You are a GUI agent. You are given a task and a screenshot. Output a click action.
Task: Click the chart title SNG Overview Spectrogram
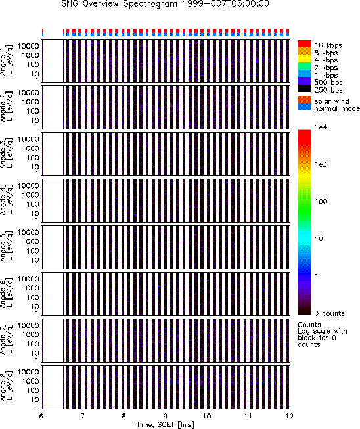point(119,4)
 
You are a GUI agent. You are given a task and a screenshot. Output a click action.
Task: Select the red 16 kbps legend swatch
point(305,44)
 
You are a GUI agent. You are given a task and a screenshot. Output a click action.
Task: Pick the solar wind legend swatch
point(305,100)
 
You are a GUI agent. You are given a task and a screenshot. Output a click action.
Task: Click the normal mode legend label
point(337,108)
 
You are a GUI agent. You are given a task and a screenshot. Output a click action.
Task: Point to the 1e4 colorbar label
point(321,127)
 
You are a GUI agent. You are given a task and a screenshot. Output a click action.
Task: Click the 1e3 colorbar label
point(321,164)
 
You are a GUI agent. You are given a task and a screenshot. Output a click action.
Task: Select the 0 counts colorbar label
point(330,313)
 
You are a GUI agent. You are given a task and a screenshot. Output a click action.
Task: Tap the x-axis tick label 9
point(166,416)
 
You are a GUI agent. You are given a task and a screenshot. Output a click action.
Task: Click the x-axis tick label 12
point(290,416)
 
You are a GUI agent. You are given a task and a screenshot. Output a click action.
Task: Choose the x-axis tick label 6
point(41,416)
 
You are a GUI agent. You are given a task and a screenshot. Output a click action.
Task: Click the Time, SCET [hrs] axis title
point(166,424)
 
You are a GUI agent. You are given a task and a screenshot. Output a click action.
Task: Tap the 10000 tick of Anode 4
point(28,186)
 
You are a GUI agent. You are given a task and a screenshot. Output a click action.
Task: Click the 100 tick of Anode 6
point(33,298)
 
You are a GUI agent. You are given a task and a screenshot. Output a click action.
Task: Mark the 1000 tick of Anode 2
point(31,102)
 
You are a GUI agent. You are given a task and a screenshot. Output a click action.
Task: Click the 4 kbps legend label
point(326,60)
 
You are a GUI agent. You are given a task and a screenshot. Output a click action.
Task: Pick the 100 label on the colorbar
point(321,202)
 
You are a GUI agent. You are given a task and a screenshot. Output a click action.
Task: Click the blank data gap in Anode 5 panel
point(53,247)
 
